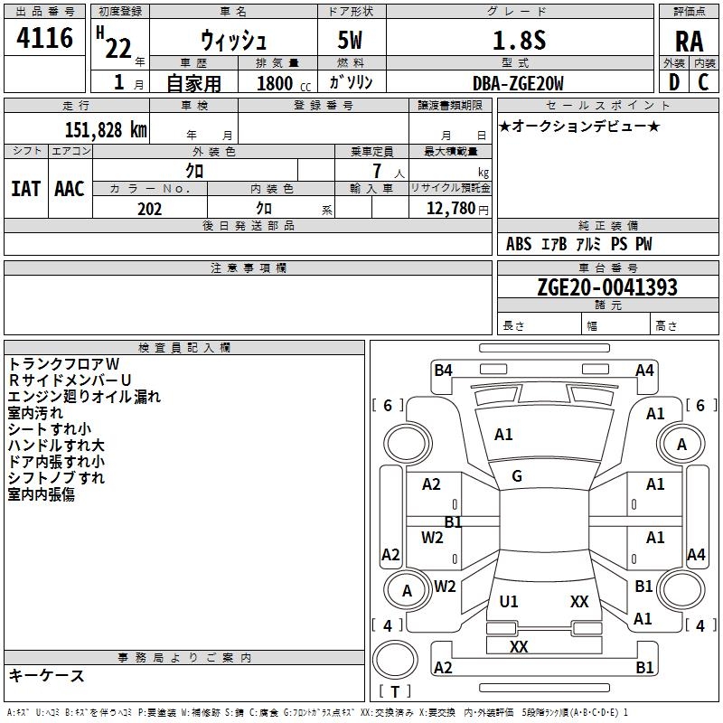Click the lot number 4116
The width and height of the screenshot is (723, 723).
point(44,37)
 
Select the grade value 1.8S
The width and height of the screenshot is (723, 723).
point(519,40)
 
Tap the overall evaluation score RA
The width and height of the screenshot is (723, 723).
point(689,42)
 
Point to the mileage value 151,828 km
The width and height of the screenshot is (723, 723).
point(106,130)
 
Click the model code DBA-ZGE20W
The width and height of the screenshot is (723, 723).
point(518,83)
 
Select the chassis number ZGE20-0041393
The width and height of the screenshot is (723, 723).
point(607,287)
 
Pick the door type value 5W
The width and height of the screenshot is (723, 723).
point(350,40)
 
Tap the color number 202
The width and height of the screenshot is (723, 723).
point(149,209)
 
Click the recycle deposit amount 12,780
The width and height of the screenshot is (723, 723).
point(451,209)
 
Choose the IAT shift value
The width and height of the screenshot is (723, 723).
point(25,189)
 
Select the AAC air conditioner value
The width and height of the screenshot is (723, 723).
point(70,189)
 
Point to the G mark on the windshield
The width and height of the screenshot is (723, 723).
point(517,476)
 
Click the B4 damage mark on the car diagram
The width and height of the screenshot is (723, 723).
point(443,371)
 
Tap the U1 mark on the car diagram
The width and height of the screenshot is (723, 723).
point(509,601)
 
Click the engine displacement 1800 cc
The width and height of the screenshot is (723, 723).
point(284,83)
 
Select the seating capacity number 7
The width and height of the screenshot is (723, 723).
point(377,171)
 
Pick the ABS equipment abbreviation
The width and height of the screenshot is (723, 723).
point(519,244)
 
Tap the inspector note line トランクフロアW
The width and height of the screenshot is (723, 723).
point(63,364)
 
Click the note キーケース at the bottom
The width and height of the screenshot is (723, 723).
point(46,675)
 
